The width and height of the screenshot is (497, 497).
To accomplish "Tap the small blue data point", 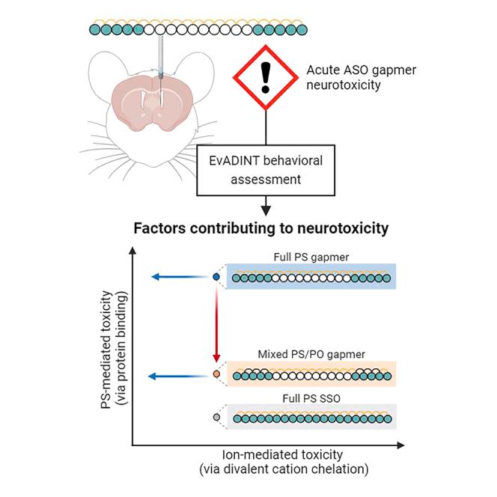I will point(216,277).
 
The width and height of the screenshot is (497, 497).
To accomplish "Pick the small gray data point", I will point(216,416).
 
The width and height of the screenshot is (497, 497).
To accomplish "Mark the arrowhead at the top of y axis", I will point(133,253).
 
